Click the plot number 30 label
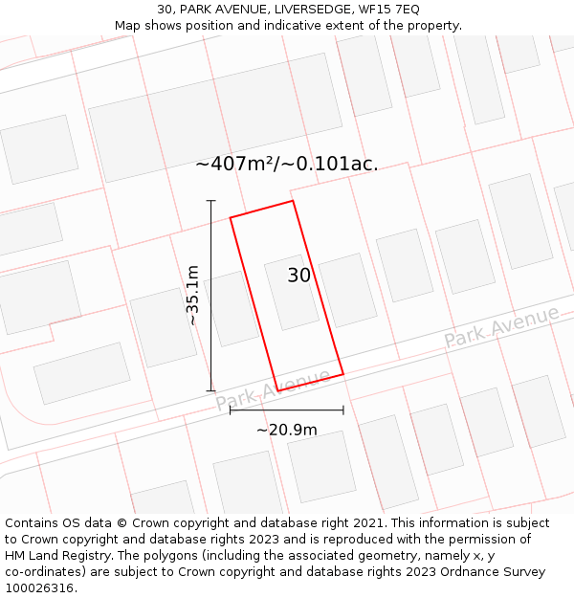point(299,276)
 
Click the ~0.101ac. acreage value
point(337,164)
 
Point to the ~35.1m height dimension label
point(193,296)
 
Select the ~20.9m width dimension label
point(287,430)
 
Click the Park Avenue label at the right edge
point(501,327)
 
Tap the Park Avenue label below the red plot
point(273,389)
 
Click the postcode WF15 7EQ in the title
point(388,10)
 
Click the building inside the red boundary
point(291,292)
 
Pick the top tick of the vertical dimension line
point(211,201)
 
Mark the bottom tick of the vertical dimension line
point(211,390)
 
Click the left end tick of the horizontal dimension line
point(231,410)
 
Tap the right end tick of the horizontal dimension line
point(343,410)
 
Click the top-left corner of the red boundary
point(231,218)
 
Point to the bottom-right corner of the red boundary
point(342,374)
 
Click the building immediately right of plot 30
point(347,290)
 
